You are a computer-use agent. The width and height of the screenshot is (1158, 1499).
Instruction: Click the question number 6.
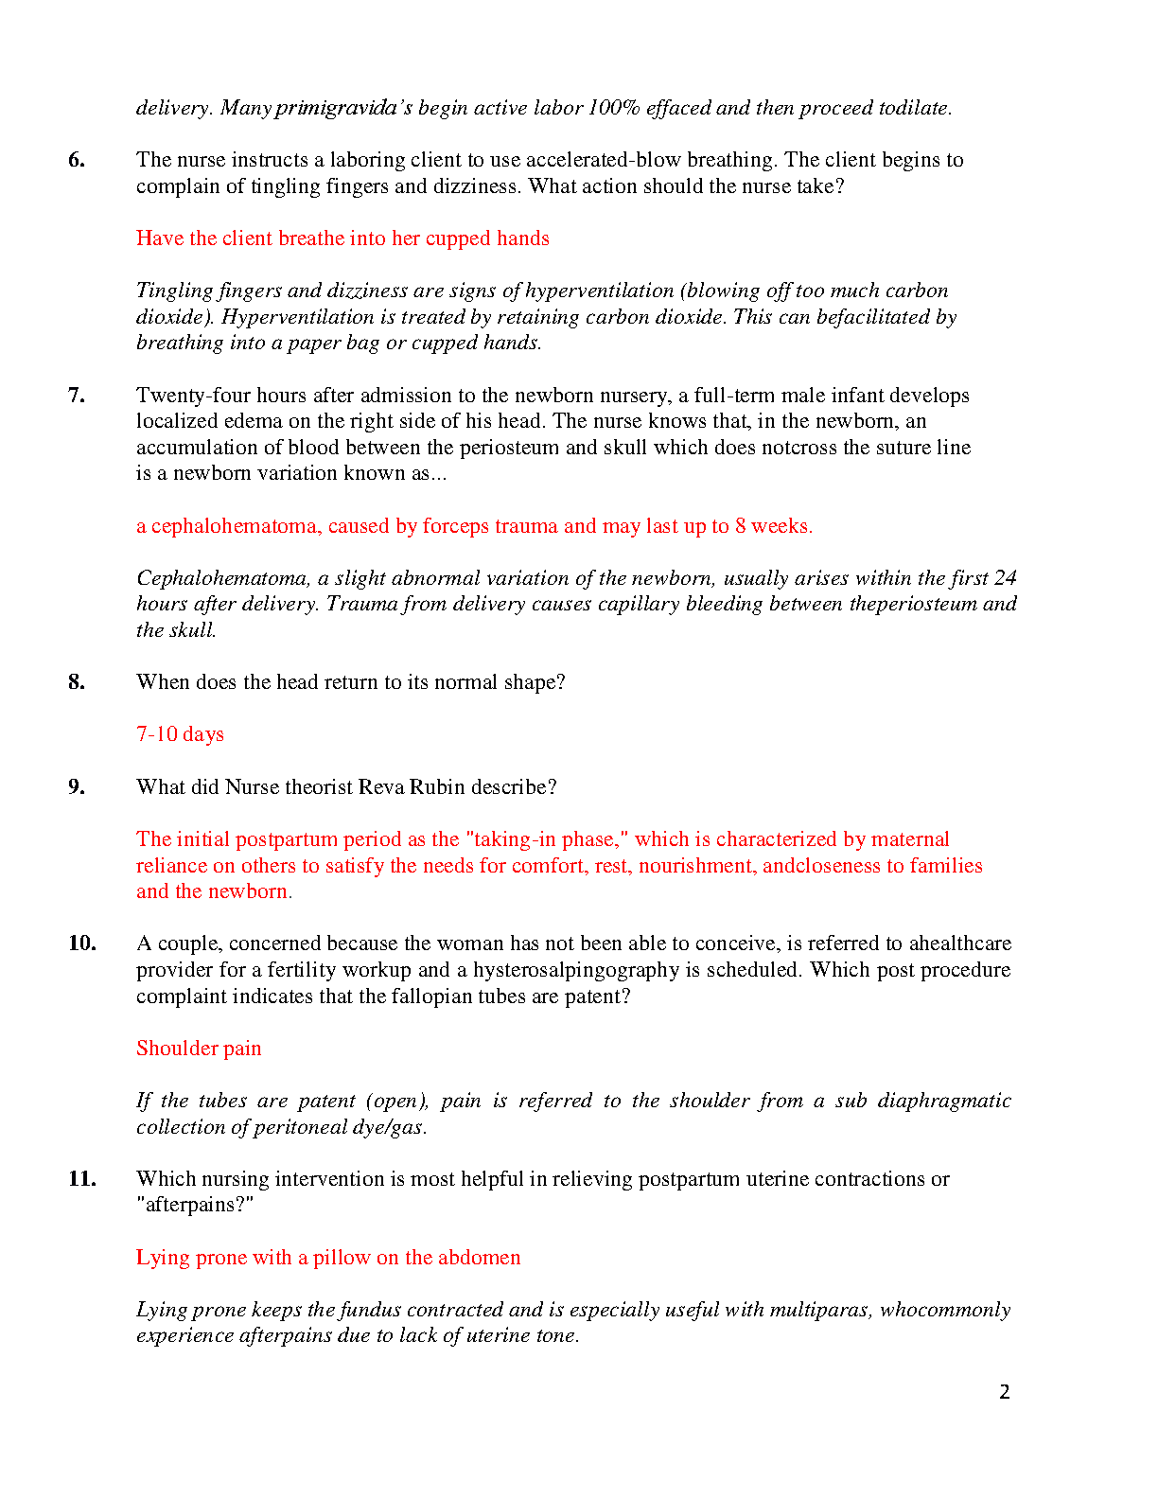tap(77, 160)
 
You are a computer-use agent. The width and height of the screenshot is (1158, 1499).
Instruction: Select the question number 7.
tap(77, 396)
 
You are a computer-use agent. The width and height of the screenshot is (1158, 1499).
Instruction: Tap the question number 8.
tap(77, 682)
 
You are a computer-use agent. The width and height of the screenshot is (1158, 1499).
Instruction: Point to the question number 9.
tap(77, 787)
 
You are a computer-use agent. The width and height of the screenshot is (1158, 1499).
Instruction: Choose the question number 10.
tap(82, 943)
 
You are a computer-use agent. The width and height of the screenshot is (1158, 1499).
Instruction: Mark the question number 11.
tap(82, 1179)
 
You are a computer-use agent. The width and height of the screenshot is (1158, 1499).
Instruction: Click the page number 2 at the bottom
tap(1005, 1392)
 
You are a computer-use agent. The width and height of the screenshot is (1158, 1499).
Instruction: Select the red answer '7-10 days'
tap(180, 734)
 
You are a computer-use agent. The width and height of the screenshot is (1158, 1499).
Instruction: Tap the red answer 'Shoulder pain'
tap(199, 1049)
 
